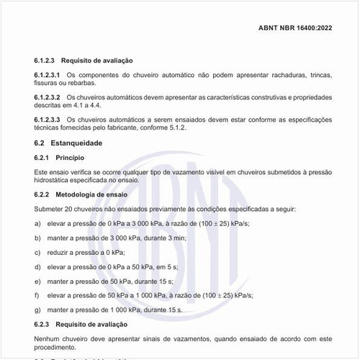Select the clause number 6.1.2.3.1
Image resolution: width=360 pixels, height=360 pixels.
47,74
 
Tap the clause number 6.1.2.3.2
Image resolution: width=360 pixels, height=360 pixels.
47,96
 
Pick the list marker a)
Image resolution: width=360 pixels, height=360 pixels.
37,224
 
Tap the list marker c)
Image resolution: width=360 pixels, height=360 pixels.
37,252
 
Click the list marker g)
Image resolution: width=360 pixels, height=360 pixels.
37,309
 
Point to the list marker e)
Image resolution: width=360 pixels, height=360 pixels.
37,281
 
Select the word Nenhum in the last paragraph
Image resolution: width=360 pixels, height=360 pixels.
48,337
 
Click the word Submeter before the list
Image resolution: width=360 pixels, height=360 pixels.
50,209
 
